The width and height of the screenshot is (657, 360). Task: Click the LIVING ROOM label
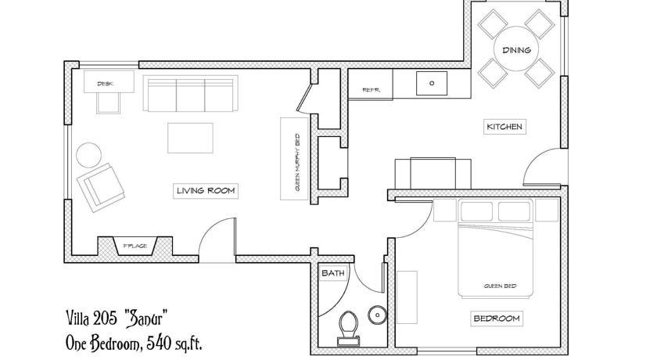pos(205,191)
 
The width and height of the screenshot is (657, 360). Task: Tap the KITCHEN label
pos(504,127)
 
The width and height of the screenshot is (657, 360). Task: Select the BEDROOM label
pos(497,319)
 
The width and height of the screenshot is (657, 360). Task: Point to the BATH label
pos(333,273)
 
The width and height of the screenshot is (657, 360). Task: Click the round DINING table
pos(516,49)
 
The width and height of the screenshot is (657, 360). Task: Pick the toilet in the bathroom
pos(349,328)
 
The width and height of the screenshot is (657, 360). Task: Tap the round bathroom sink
pos(377,315)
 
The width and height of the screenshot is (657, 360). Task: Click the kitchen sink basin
pos(432,84)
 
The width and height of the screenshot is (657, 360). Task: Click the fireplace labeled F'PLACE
pos(135,246)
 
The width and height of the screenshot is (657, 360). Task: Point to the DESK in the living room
pos(109,81)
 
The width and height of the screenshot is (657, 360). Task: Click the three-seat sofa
pos(191,93)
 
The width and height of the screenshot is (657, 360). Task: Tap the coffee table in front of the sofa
pos(190,138)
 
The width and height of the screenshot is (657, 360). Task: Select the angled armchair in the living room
pos(101,187)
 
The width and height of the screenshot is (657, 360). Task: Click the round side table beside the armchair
pos(89,155)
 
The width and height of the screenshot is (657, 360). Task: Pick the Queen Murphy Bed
pos(294,158)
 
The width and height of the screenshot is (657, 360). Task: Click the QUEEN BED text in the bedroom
pos(501,286)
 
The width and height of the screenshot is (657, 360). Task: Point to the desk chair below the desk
pos(109,103)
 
